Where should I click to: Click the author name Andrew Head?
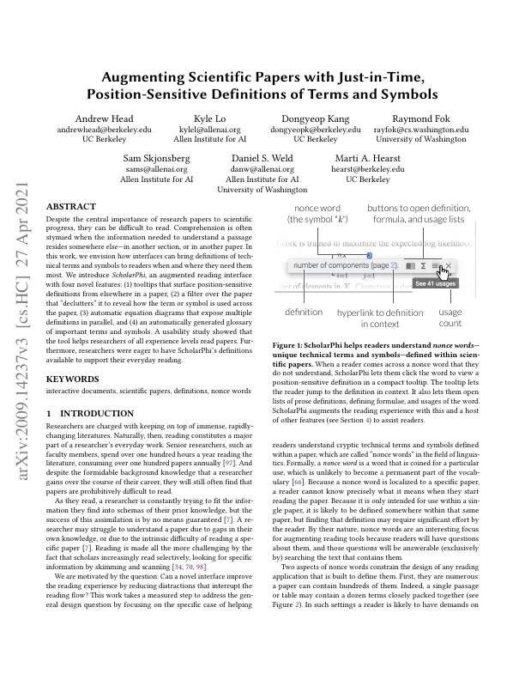(x=104, y=118)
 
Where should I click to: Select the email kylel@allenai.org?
(x=209, y=129)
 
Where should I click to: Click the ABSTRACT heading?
(x=70, y=208)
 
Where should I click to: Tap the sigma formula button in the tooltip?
(x=423, y=266)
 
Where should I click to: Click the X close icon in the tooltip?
(x=448, y=266)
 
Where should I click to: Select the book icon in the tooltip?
(x=411, y=266)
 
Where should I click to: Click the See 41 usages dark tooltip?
(x=435, y=282)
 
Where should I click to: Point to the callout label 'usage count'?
(x=450, y=318)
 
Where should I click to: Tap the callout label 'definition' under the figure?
(x=304, y=312)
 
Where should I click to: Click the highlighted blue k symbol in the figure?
(x=368, y=255)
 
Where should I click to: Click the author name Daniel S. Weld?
(x=262, y=159)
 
